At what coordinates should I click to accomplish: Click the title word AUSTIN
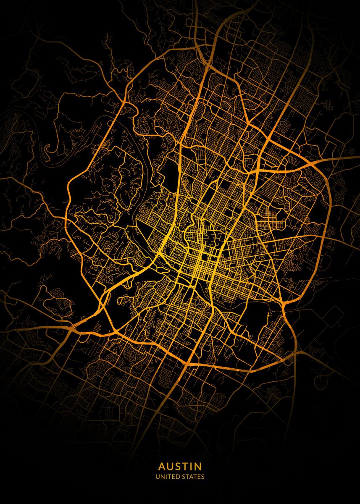[x=180, y=467]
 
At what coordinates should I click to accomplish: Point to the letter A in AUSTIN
[x=162, y=467]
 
